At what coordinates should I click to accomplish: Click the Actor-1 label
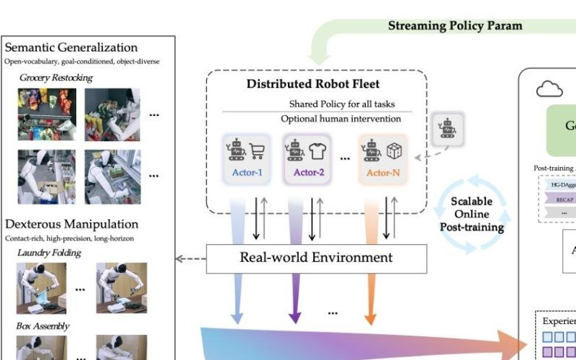click(x=247, y=172)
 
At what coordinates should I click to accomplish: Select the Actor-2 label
click(x=310, y=172)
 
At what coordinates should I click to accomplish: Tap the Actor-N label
click(x=382, y=172)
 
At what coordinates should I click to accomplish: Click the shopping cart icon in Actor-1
click(x=258, y=150)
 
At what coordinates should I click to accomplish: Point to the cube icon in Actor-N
click(x=393, y=151)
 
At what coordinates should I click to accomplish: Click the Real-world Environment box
click(x=316, y=258)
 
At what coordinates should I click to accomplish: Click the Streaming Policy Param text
click(x=455, y=26)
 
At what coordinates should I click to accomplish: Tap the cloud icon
click(x=549, y=89)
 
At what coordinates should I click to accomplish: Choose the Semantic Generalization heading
click(x=71, y=48)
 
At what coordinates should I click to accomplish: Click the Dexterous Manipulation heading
click(x=71, y=224)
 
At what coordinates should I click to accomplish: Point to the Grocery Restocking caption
click(x=55, y=77)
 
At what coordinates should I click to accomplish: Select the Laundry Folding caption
click(x=49, y=253)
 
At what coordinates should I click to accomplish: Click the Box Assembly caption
click(x=43, y=326)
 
